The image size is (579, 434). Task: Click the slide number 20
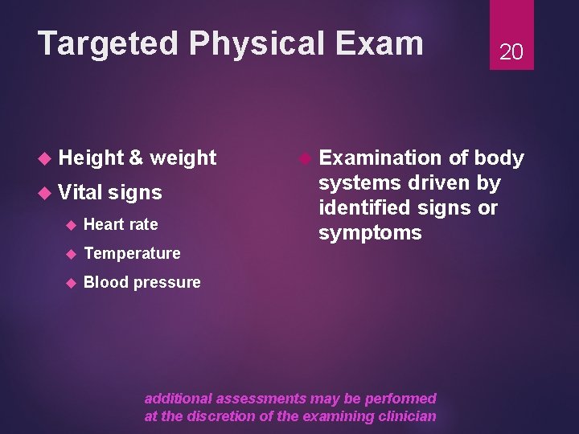[511, 52]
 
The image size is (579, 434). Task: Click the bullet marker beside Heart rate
[70, 224]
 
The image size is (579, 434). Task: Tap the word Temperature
[132, 254]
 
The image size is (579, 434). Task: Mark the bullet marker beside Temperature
[70, 254]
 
